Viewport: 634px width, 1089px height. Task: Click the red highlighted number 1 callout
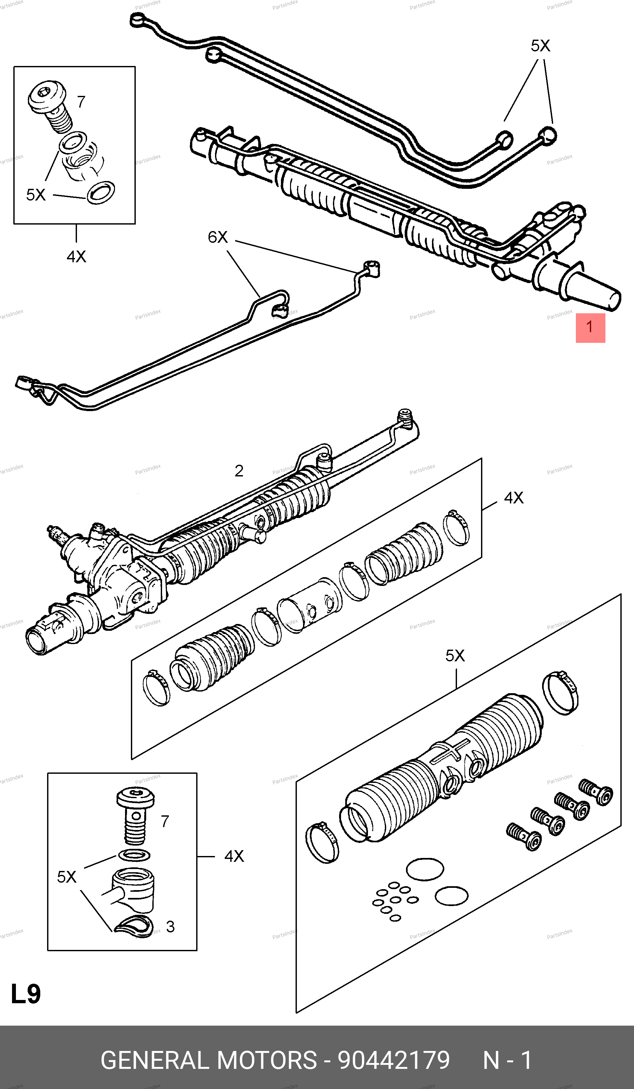pyautogui.click(x=590, y=328)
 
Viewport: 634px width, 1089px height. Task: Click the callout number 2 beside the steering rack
pyautogui.click(x=239, y=471)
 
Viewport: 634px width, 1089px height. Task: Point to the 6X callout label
pyautogui.click(x=218, y=237)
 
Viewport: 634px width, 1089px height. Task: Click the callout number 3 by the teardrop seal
pyautogui.click(x=170, y=927)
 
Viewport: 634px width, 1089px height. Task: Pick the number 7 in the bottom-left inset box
pyautogui.click(x=165, y=821)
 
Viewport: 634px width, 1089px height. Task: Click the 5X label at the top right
pyautogui.click(x=540, y=46)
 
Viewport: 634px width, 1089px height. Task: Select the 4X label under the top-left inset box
pyautogui.click(x=76, y=257)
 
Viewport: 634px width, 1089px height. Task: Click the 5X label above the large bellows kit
pyautogui.click(x=455, y=655)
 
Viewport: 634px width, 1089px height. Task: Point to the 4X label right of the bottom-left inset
pyautogui.click(x=234, y=856)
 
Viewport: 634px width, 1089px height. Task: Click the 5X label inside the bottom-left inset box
pyautogui.click(x=67, y=877)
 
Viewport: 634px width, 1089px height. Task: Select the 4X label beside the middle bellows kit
pyautogui.click(x=514, y=498)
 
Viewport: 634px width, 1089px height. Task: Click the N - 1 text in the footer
pyautogui.click(x=507, y=1060)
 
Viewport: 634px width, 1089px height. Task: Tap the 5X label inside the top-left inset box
pyautogui.click(x=36, y=195)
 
